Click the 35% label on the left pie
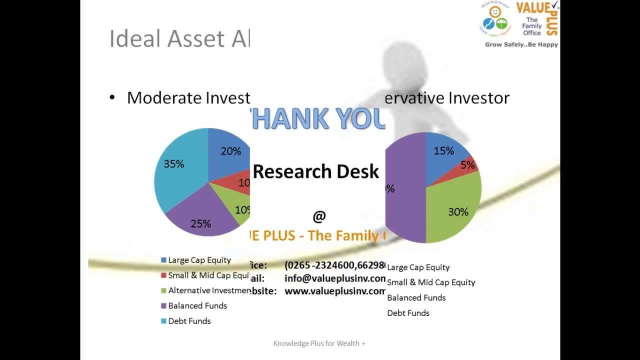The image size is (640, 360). coord(174,164)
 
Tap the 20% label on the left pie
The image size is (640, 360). coord(230,151)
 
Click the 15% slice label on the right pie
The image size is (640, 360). coord(443,151)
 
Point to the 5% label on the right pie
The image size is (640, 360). coord(467,165)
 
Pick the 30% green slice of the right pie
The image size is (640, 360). coord(457,212)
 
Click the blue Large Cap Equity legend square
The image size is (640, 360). coord(163,260)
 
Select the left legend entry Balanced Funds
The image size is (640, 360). coord(197,305)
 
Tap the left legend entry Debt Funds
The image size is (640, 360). coord(189,321)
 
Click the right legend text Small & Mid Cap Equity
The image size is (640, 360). coord(431,282)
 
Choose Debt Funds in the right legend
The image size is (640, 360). coord(408,313)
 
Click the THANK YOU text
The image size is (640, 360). coord(318,119)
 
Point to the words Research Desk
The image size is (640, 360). coord(316,171)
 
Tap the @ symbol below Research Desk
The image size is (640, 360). coord(319,216)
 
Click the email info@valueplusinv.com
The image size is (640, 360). coord(335,278)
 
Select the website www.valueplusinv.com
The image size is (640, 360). coord(335,291)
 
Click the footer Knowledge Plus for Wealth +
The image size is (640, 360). coord(319,343)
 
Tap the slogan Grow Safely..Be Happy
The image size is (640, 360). coord(521,44)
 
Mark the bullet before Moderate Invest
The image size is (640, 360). coord(112,97)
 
